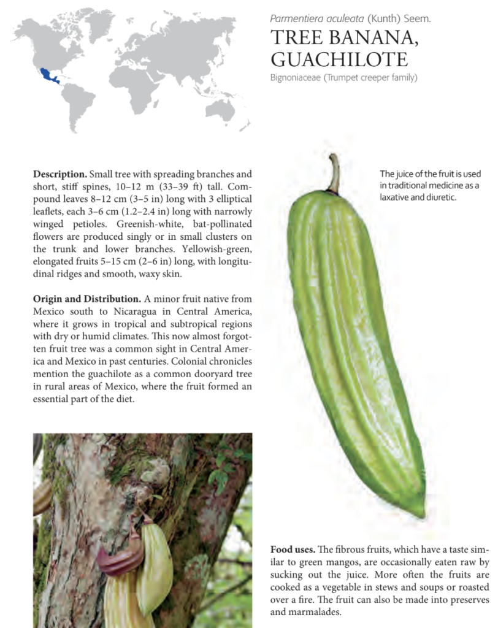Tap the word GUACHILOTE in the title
(339, 59)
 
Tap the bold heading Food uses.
(293, 548)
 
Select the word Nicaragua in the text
(124, 312)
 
